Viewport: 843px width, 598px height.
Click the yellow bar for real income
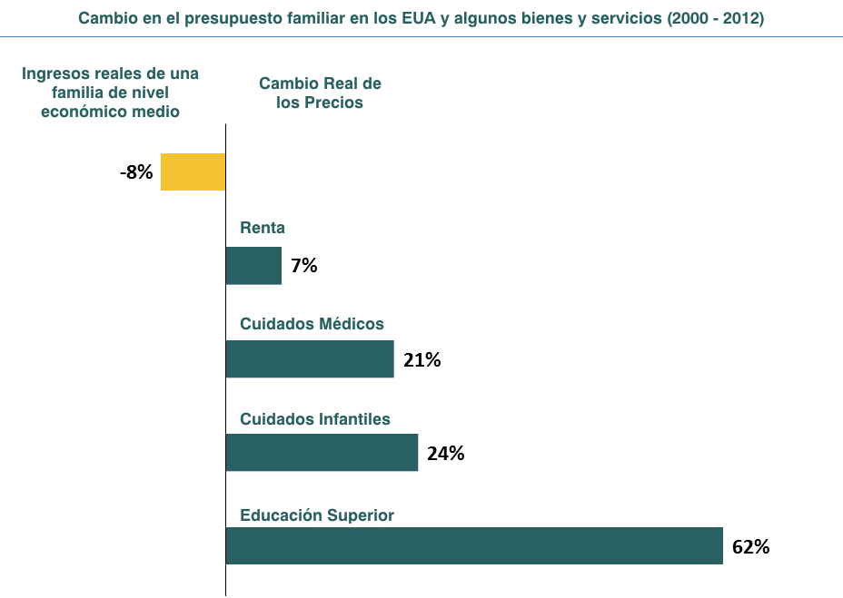click(x=193, y=172)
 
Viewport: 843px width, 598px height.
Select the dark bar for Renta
click(x=253, y=265)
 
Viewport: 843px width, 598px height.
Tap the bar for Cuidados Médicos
click(x=310, y=359)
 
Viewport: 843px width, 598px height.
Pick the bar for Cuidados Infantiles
click(x=322, y=453)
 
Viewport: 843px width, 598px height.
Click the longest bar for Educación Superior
click(x=474, y=546)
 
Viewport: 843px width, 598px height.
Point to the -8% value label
click(x=136, y=172)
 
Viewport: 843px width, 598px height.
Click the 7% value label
click(x=303, y=265)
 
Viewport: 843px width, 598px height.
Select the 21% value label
click(x=422, y=359)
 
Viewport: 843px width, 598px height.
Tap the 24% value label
click(x=446, y=454)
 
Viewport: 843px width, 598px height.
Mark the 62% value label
click(x=750, y=547)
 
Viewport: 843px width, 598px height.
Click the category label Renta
click(x=263, y=228)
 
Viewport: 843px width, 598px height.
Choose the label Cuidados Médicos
click(x=312, y=323)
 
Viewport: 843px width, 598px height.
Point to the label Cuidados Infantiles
click(x=315, y=418)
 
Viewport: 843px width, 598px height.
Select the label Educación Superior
click(x=317, y=515)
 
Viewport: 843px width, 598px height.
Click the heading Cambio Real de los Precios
click(x=320, y=93)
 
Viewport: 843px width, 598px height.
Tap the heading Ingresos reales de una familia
click(x=110, y=93)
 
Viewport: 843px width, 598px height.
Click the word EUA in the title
click(x=419, y=18)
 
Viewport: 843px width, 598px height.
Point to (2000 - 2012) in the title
click(x=716, y=18)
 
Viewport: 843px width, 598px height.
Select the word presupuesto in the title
click(x=233, y=19)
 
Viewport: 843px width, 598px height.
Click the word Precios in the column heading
click(x=334, y=102)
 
